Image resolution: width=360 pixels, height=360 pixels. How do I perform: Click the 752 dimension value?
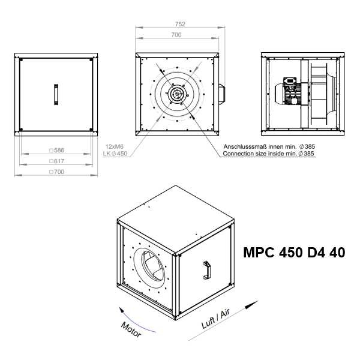(x=180, y=24)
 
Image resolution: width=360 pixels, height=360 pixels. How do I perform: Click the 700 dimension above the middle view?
(x=176, y=35)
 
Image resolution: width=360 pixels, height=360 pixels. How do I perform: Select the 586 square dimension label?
(x=57, y=151)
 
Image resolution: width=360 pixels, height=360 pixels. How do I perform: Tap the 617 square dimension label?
(x=57, y=161)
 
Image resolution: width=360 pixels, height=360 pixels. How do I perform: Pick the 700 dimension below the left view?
(x=57, y=172)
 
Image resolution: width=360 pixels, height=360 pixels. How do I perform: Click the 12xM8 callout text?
(x=115, y=146)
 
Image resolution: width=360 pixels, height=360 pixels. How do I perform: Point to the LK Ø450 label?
(x=115, y=154)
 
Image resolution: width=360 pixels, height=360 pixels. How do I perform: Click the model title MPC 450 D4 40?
(x=294, y=253)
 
